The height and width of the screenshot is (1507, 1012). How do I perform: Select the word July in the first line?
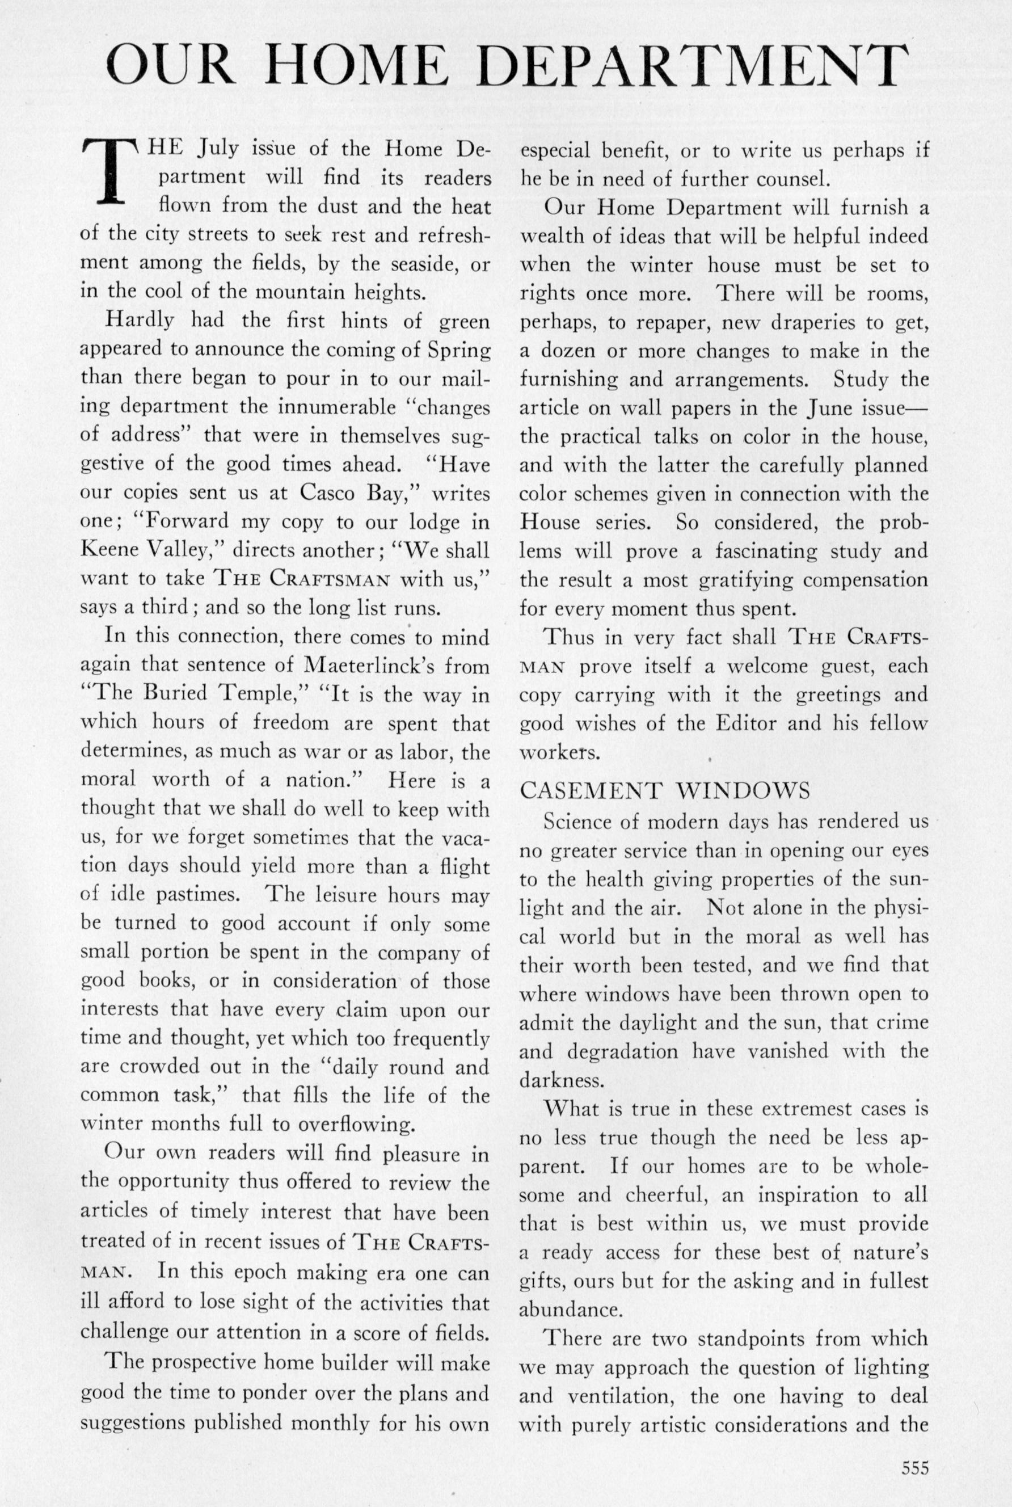[x=219, y=150]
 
